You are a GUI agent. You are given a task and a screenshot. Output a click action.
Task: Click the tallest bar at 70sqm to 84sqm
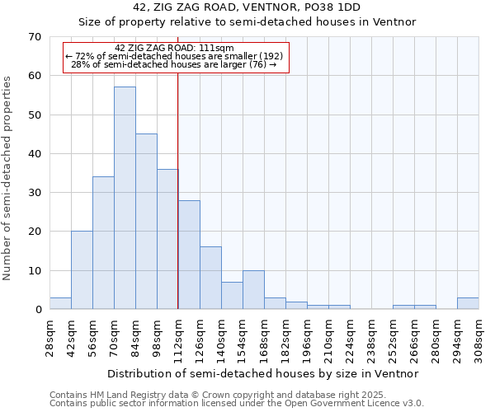pos(125,198)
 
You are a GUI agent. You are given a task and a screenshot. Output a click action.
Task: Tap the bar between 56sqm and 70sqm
pos(103,242)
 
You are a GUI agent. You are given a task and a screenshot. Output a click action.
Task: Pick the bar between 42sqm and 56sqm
pos(82,269)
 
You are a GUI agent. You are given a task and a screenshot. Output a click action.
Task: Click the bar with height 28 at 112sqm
pos(189,254)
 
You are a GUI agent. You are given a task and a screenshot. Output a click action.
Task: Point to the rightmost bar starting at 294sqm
pos(468,303)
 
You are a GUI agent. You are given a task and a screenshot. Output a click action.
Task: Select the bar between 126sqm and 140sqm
pos(210,278)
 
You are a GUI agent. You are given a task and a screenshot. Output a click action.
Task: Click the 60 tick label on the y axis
pos(35,76)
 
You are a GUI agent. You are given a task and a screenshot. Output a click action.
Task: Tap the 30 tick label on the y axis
pos(35,193)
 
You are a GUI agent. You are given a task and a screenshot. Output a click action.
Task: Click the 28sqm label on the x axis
pos(49,334)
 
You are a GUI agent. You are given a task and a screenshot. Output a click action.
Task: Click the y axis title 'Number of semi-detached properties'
pos(8,178)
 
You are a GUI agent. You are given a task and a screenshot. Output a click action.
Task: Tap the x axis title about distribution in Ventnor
pos(264,373)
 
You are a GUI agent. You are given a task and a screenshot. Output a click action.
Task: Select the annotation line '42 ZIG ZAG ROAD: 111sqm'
pos(175,48)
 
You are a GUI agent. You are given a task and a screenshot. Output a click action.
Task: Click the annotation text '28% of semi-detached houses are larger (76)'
pos(173,64)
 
